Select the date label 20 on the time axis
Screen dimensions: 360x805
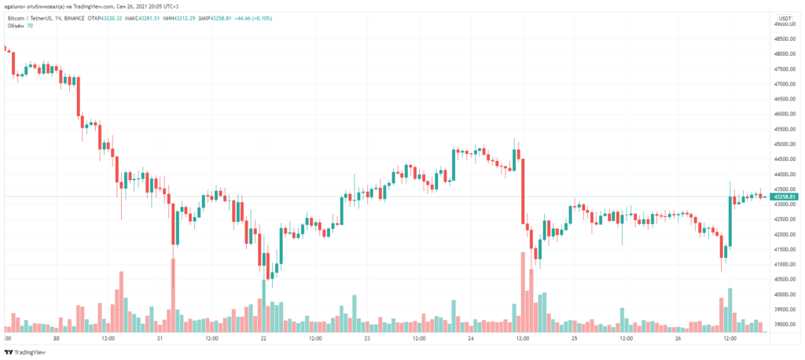(57, 339)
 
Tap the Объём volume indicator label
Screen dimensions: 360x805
(17, 26)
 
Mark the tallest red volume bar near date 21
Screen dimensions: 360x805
(173, 287)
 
